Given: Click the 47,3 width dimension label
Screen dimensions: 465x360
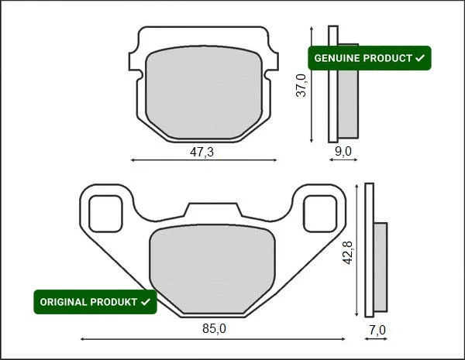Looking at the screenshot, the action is tap(201, 152).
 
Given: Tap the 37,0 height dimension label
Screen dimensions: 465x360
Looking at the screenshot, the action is tap(301, 85).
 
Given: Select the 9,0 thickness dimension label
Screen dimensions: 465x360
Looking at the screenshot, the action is tap(343, 152).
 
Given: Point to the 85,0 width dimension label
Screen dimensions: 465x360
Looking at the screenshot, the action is tap(214, 328).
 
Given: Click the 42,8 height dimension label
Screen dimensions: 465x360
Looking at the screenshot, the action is tap(347, 252).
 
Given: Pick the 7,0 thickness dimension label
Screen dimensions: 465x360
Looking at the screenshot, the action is tap(377, 330).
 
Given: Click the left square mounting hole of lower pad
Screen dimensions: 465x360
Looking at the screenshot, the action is tap(105, 214).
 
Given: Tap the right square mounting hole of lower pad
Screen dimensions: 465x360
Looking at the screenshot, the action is tap(320, 214).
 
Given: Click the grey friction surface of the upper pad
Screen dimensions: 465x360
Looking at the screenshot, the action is tap(204, 92).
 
